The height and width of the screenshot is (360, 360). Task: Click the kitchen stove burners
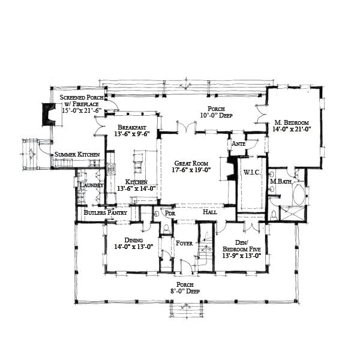111,169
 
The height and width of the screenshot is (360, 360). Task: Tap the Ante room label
236,145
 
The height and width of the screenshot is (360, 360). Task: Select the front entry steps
185,310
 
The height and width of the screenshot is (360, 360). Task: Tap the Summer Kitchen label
77,155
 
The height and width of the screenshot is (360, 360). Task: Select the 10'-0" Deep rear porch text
216,116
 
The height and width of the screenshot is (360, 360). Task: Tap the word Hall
210,212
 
